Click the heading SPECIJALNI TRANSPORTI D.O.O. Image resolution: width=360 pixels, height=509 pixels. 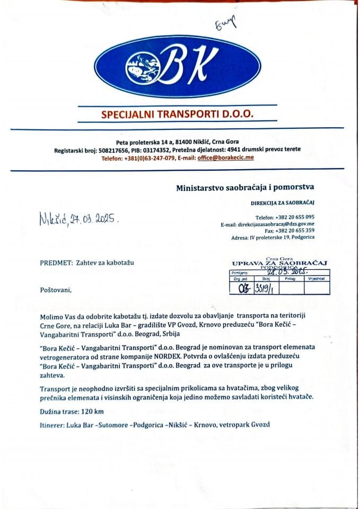(177, 114)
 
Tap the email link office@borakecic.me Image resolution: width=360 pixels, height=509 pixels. (225, 158)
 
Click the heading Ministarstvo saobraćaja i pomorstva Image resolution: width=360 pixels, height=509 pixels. (245, 187)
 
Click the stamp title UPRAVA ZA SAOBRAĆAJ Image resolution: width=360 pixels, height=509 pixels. (280, 262)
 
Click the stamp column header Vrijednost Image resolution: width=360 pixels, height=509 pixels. (317, 278)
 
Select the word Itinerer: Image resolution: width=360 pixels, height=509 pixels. (52, 426)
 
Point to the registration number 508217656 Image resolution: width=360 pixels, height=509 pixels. (119, 151)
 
